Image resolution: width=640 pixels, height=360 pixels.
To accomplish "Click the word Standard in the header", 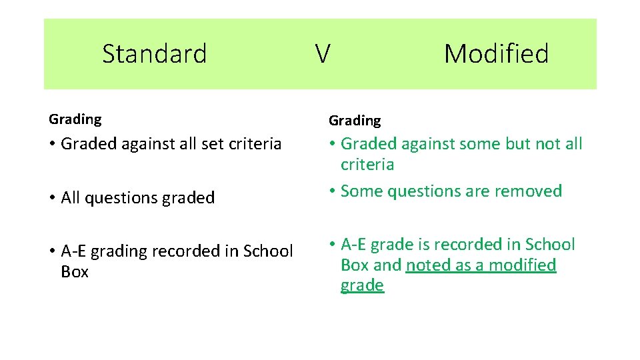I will point(155,53).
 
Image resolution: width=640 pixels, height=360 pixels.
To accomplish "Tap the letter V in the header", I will point(322,54).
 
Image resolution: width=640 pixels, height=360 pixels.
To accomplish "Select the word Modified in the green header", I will point(496,53).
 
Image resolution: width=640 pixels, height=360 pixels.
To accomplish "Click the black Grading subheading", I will point(75,119).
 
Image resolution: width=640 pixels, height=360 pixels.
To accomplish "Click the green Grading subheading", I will point(355,121).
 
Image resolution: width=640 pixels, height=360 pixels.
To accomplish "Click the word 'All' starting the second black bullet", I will point(71,198).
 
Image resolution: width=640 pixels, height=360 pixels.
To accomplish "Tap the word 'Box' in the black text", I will point(75,272).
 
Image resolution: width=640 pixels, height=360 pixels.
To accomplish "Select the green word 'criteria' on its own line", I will point(367,165).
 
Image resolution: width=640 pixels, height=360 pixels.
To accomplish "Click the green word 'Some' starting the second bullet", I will point(361,191).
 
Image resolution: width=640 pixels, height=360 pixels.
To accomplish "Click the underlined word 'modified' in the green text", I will point(523,265).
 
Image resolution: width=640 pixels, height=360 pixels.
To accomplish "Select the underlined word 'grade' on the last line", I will point(362,286).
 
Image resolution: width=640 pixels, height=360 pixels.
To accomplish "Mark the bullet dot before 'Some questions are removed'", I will point(331,192).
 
